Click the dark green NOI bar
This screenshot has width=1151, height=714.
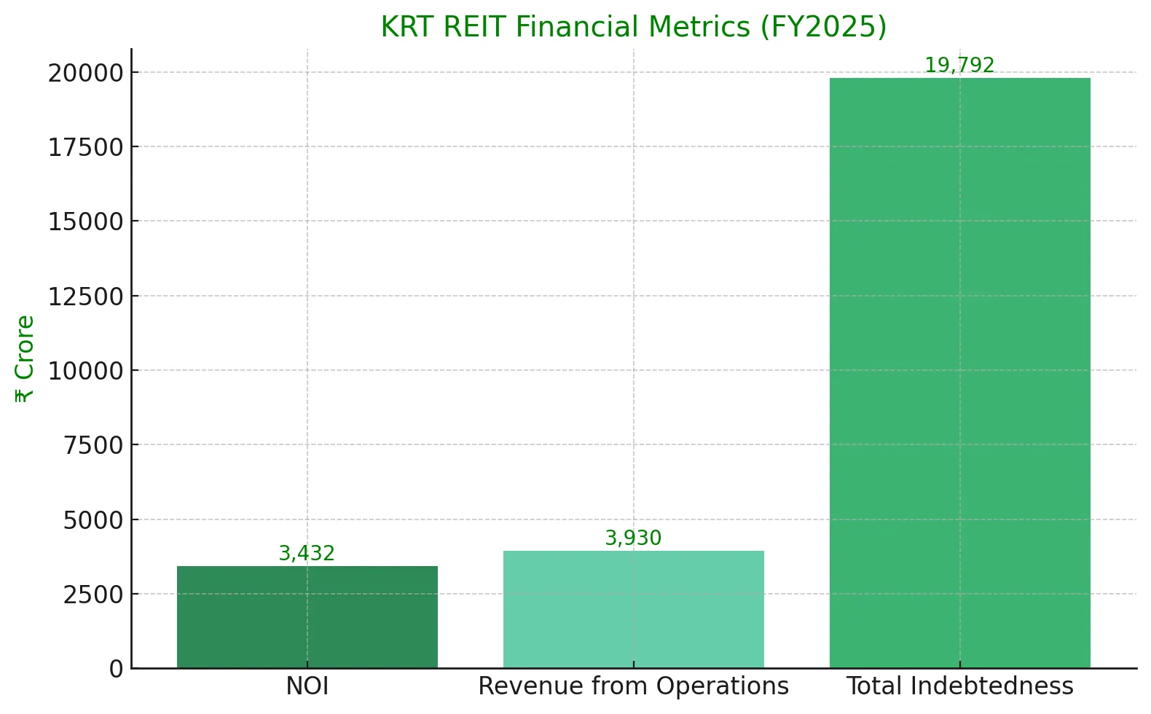click(307, 616)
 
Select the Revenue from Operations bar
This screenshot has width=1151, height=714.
click(633, 609)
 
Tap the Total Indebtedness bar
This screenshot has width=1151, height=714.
click(959, 372)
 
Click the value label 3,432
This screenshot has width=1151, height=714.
click(307, 554)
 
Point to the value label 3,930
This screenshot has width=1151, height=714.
click(633, 538)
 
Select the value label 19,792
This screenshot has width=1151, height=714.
click(959, 66)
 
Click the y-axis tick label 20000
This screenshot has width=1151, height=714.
click(86, 73)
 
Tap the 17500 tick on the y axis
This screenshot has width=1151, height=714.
click(86, 148)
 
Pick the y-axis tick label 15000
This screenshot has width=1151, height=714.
click(86, 222)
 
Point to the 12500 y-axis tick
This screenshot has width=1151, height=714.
click(86, 297)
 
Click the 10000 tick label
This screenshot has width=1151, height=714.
click(86, 372)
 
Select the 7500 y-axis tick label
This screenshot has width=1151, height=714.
click(93, 446)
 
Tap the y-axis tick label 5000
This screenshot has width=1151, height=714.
click(93, 521)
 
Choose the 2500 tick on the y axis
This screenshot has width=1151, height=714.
click(93, 595)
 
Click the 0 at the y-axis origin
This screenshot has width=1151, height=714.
click(117, 669)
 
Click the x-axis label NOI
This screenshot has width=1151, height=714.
click(307, 686)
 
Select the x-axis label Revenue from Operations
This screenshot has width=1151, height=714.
click(633, 686)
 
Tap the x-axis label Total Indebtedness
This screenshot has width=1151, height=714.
click(959, 686)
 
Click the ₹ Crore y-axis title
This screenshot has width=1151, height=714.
click(24, 358)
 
